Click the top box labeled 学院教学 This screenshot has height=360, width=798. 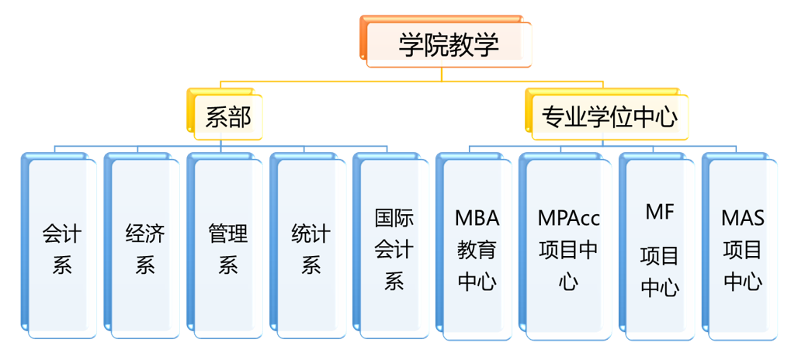pos(448,43)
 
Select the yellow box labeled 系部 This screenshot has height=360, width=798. pos(227,117)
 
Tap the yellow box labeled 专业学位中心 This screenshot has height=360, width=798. pos(609,117)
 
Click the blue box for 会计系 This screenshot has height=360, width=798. pos(62,248)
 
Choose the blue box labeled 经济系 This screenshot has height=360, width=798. pos(145,248)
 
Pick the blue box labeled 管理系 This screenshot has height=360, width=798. pos(228,248)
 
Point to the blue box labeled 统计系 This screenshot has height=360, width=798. pos(311,248)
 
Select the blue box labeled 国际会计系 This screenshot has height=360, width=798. pos(394,248)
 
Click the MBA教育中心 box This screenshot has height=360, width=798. pos(477,248)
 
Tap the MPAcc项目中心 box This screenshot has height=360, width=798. pos(568,248)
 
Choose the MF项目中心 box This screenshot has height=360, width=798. pos(660,248)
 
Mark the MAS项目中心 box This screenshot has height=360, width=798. pos(743,248)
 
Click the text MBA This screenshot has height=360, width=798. pos(477,218)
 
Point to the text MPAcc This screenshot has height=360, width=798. pos(568,218)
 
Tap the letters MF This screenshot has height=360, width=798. pos(660,210)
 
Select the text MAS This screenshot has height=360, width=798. pos(743,218)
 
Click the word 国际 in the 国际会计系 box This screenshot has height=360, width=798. pos(394,218)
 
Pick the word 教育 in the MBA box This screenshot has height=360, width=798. pos(477,249)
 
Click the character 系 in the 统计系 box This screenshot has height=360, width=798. pos(311,265)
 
